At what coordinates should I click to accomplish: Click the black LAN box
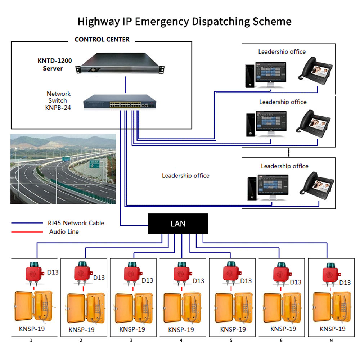pos(178,224)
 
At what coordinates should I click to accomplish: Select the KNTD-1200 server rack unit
pos(120,63)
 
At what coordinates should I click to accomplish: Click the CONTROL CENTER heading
pos(102,39)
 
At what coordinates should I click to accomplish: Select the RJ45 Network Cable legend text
pos(76,223)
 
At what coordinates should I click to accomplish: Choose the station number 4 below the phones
pos(181,340)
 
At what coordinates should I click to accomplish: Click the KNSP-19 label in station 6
pos(283,329)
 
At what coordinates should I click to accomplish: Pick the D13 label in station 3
pos(147,280)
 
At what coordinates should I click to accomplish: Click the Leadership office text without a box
pos(185,176)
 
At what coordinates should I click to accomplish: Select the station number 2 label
pos(81,340)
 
